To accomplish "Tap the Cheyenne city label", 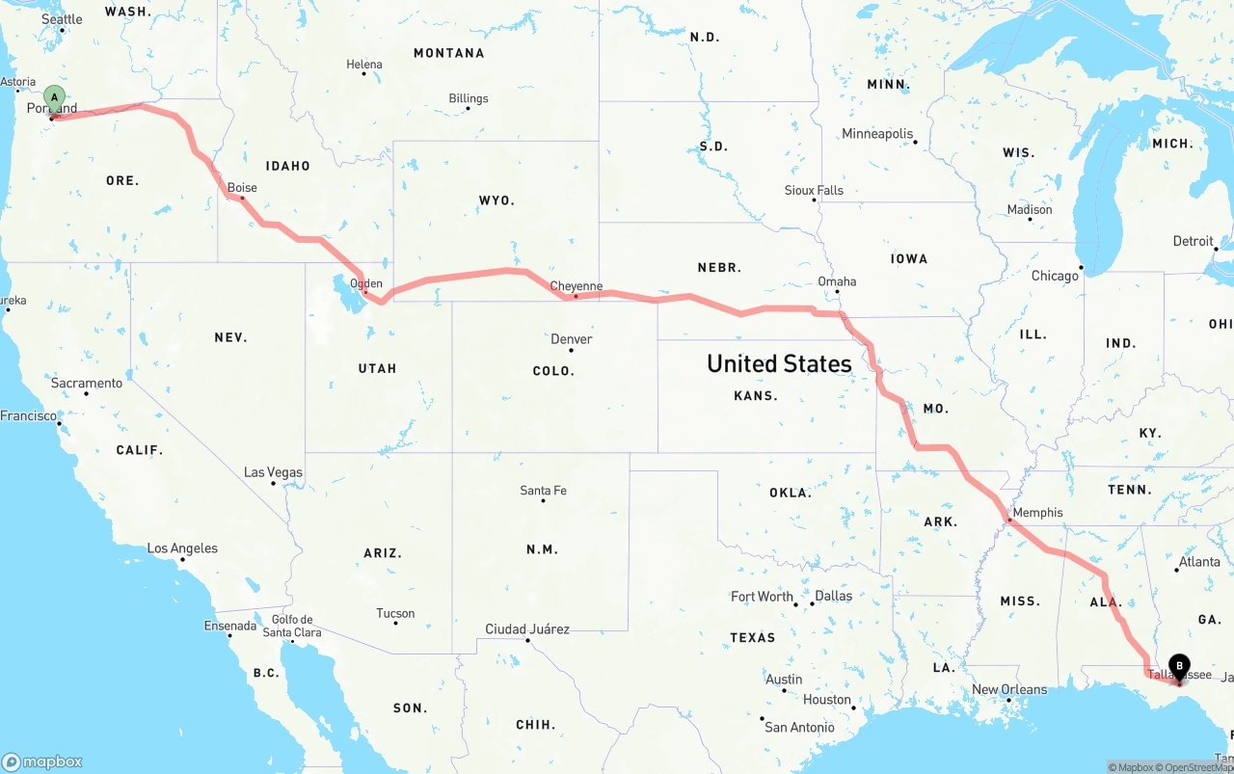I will [576, 286].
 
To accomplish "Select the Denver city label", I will [571, 339].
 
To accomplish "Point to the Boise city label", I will [242, 188].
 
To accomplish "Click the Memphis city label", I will [1037, 513].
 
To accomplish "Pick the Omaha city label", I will [837, 281].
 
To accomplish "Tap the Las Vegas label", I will [273, 472].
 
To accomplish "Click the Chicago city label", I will [1055, 276].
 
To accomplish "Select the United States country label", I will [779, 363].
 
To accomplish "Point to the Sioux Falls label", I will [814, 190].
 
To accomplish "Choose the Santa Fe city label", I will [543, 491].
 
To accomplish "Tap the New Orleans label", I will [1009, 689].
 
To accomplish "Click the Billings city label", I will [469, 98].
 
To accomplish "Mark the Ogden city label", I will [366, 283].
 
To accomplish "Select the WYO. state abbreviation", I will [496, 200].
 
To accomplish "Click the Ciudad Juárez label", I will [527, 629].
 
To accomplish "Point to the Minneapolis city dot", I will [915, 143].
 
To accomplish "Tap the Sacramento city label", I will [87, 383].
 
